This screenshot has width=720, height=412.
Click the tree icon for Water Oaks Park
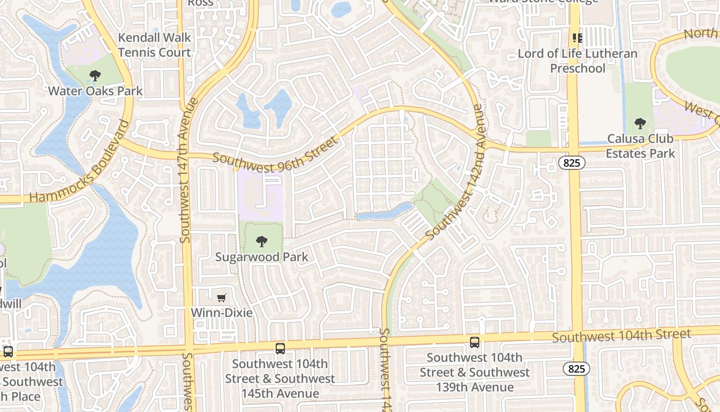[x=95, y=76]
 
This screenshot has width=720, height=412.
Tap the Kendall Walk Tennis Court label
[x=154, y=45]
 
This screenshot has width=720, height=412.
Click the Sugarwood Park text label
[x=262, y=257]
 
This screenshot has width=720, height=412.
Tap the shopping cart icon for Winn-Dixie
[x=222, y=298]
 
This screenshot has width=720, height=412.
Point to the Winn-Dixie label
[x=222, y=313]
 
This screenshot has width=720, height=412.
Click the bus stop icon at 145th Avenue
[x=280, y=348]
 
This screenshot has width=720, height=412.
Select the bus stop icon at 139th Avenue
[x=475, y=342]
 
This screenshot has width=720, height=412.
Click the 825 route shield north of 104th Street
[x=571, y=163]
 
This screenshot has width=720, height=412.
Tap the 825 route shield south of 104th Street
[x=576, y=369]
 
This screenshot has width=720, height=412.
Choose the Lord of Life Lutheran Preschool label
[x=578, y=61]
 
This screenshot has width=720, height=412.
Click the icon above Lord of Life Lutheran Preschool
[x=578, y=38]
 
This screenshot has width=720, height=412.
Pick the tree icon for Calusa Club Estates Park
[x=640, y=124]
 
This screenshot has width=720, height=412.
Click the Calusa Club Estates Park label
[x=640, y=146]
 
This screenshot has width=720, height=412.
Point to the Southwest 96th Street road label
[x=275, y=155]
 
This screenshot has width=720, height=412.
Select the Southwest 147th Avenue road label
[x=186, y=170]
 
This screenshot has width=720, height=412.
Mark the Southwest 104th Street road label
[x=621, y=335]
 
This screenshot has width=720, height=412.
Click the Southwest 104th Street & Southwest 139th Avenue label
[x=475, y=372]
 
